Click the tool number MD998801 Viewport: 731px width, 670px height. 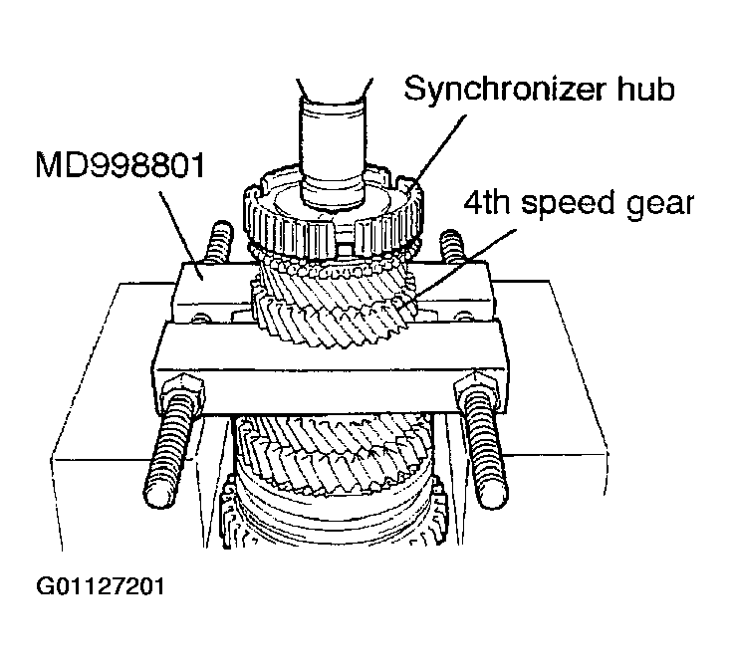point(121,165)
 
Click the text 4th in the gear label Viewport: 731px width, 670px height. point(487,203)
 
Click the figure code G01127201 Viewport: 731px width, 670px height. point(101,586)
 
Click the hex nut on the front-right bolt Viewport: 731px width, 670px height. point(476,385)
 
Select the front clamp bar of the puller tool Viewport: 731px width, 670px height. point(329,368)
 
